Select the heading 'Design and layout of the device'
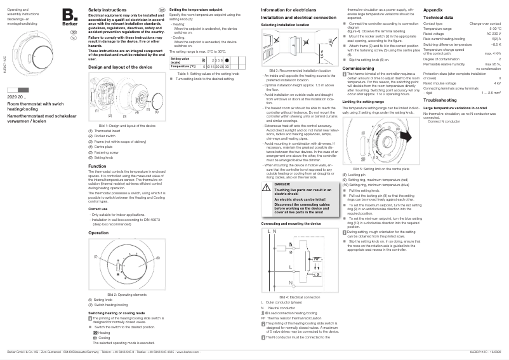coord(120,67)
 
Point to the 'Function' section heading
coord(97,165)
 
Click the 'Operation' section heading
coord(98,233)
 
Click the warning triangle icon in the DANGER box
coord(267,185)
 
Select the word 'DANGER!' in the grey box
coord(283,183)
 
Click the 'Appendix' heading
coord(433,11)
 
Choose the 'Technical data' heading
coord(438,18)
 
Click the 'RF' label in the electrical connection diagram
coord(316,259)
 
